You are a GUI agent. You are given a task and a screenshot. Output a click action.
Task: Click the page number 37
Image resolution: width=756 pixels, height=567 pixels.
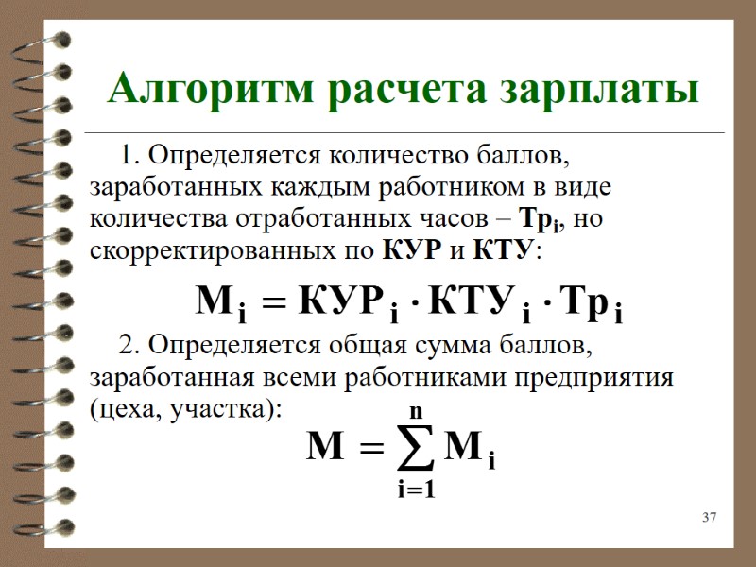(x=710, y=517)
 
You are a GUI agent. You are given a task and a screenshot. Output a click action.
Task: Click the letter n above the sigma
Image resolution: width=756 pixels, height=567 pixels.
(x=416, y=411)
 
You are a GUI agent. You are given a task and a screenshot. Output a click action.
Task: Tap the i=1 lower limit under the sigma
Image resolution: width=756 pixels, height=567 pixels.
(x=416, y=490)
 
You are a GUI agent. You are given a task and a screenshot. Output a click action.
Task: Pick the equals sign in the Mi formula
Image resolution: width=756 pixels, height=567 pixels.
(x=273, y=304)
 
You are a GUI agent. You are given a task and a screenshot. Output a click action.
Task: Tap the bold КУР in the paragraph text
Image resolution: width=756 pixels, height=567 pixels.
(x=407, y=251)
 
